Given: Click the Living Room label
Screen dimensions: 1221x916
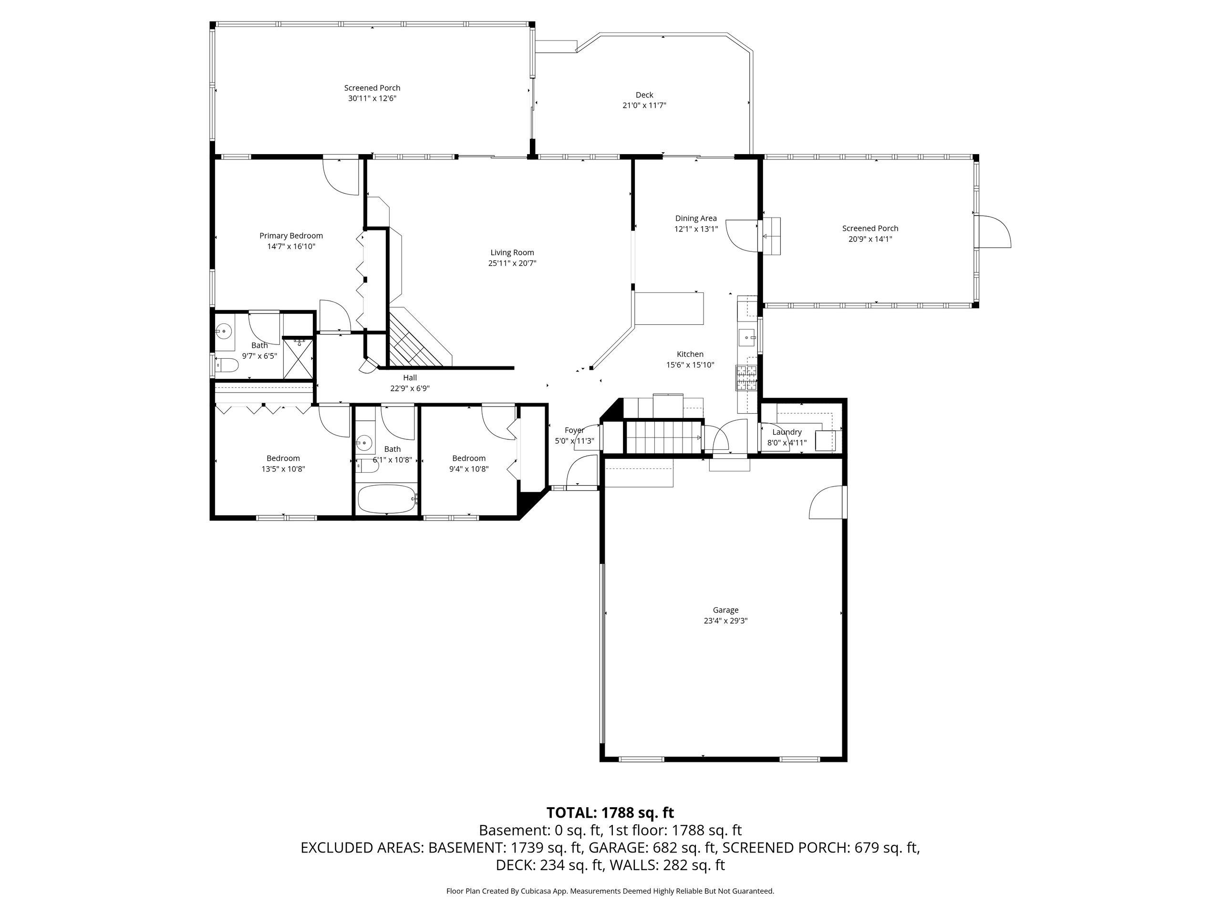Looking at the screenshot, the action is [x=512, y=253].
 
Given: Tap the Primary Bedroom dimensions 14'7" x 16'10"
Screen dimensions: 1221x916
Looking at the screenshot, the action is [x=291, y=247].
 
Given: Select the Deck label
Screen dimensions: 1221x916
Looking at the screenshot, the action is [x=644, y=95].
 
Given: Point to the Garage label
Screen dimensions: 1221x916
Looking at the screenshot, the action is [x=725, y=610].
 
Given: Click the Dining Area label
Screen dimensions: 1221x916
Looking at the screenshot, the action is [x=695, y=218].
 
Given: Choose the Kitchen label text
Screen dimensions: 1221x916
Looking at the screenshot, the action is [x=690, y=354].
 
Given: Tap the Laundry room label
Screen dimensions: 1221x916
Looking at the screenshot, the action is [x=786, y=432].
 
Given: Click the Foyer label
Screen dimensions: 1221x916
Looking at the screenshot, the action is [x=574, y=431].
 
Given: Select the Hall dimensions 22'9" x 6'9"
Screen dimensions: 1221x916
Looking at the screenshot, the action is [x=410, y=389].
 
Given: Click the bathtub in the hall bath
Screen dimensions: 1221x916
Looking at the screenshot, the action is [x=386, y=499].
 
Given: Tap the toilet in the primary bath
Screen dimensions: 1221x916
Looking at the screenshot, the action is [x=227, y=365].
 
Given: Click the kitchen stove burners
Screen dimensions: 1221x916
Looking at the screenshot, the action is [x=747, y=379].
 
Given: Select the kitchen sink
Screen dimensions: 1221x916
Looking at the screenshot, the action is [x=748, y=337].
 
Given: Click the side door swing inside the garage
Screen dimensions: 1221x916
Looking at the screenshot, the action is [x=827, y=502].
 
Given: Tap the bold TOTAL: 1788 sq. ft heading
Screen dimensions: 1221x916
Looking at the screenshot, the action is [x=610, y=813].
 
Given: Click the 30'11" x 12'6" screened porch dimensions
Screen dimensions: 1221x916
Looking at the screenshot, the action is [x=372, y=99].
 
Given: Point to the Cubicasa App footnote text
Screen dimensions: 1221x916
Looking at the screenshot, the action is [x=610, y=891].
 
